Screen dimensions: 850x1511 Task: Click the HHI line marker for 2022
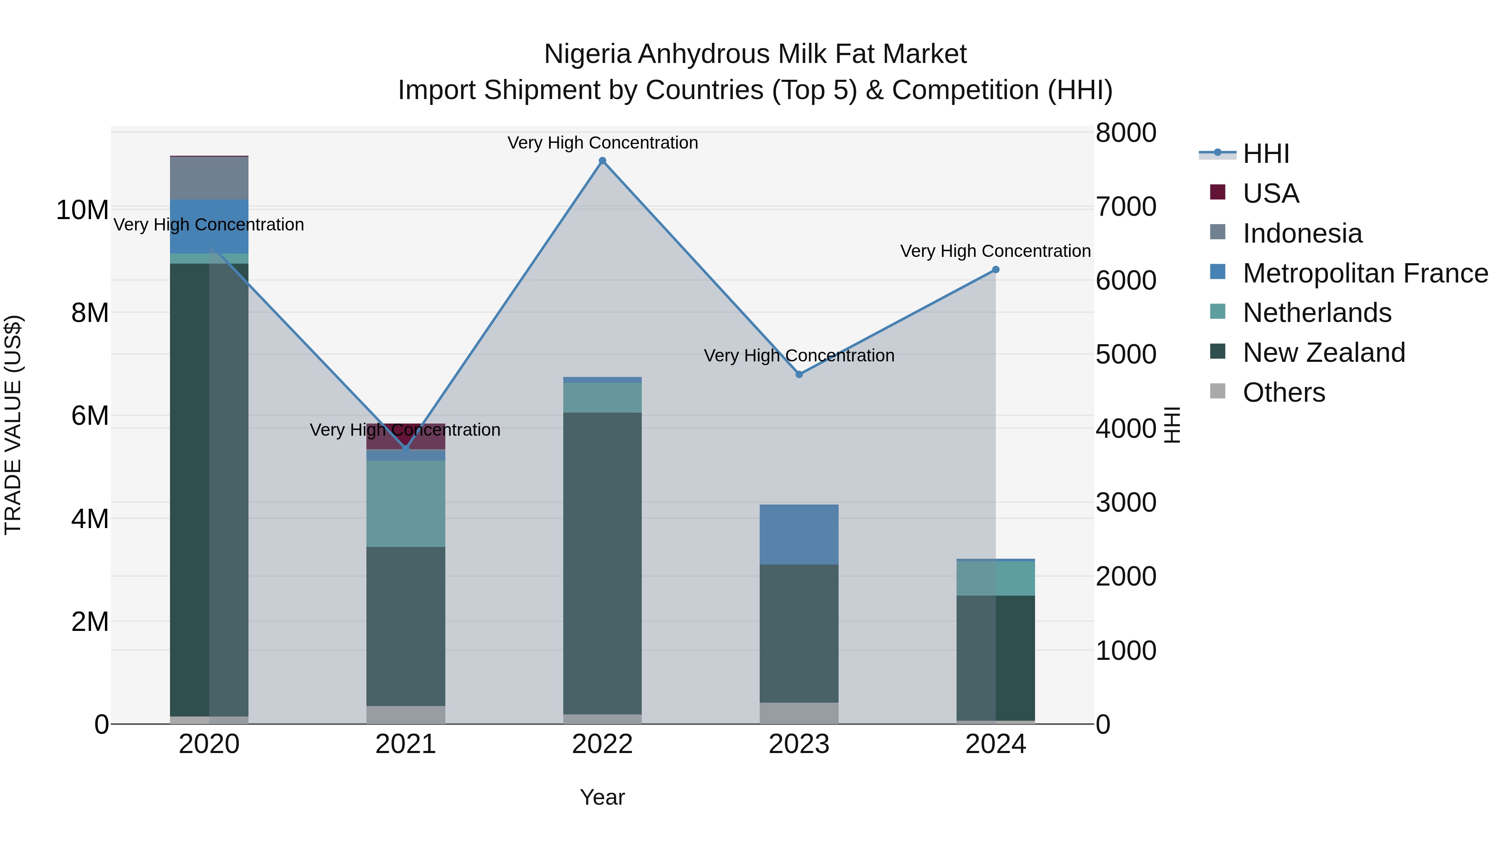(x=602, y=161)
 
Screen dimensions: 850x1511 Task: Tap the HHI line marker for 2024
(x=996, y=270)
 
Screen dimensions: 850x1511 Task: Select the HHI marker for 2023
(x=799, y=374)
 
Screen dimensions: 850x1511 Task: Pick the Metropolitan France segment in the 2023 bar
(x=799, y=534)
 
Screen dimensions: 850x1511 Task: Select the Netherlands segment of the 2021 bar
(x=405, y=503)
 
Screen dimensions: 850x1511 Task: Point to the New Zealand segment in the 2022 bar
(x=602, y=563)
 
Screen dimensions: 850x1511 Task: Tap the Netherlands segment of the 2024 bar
(x=996, y=578)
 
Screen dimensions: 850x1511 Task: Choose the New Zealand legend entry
(x=1323, y=353)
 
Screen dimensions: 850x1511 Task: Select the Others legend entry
(x=1284, y=392)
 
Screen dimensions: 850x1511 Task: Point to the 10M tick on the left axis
(x=82, y=210)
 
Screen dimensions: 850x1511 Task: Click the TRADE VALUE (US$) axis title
(x=13, y=425)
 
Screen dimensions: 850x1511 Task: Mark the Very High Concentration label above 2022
(x=602, y=143)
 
